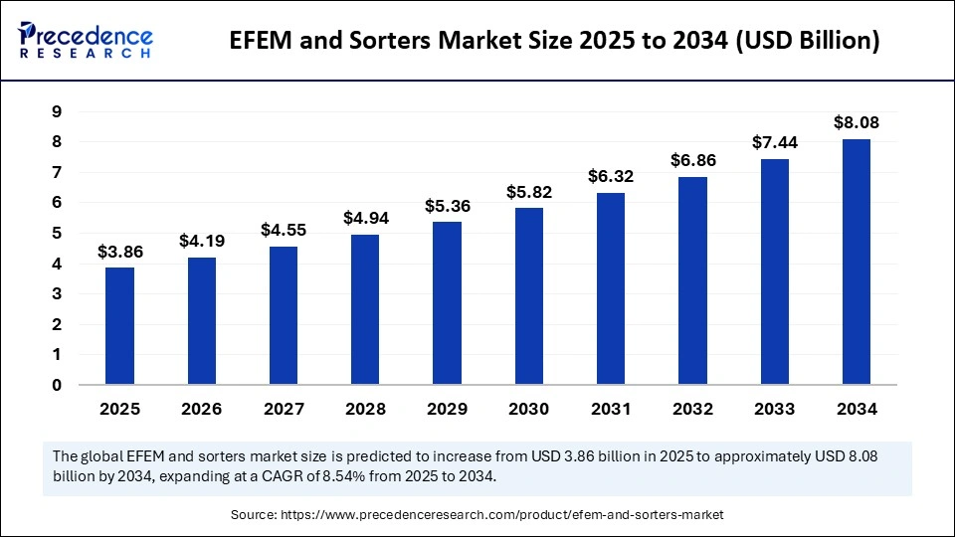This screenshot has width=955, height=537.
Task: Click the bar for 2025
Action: coord(120,325)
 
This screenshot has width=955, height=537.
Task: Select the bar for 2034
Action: coord(857,262)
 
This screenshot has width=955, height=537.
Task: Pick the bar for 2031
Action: coord(611,288)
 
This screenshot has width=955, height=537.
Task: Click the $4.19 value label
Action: coord(202,241)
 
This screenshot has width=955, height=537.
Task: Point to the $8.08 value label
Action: coord(857,123)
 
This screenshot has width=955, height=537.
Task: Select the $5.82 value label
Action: coord(529,191)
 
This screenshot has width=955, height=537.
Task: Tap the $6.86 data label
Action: coord(693,160)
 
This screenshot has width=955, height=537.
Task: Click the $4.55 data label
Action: coord(284,230)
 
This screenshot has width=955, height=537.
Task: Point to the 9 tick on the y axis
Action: coord(57,112)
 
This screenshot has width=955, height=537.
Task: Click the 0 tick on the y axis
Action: coord(57,385)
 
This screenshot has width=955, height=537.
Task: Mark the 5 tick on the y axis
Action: coord(57,234)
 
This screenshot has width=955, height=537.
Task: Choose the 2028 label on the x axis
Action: coord(365,409)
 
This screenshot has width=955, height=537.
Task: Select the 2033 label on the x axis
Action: coord(775,409)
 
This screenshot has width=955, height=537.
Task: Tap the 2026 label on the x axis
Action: coord(202,409)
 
